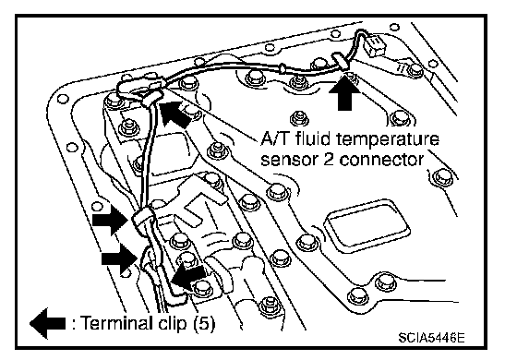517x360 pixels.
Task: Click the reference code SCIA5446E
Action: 432,338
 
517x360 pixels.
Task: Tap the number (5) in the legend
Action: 204,323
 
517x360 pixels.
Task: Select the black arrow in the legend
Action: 47,323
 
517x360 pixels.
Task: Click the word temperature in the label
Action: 388,139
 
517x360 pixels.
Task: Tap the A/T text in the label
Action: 276,138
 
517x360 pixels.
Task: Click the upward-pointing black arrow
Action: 345,92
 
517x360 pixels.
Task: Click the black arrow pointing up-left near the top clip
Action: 174,114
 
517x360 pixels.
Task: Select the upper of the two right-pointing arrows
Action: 111,220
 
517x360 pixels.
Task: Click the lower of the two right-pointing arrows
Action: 119,258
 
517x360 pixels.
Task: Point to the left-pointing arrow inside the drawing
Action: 188,277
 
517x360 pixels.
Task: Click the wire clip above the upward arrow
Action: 341,61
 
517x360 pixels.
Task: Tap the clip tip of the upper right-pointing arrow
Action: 128,220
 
